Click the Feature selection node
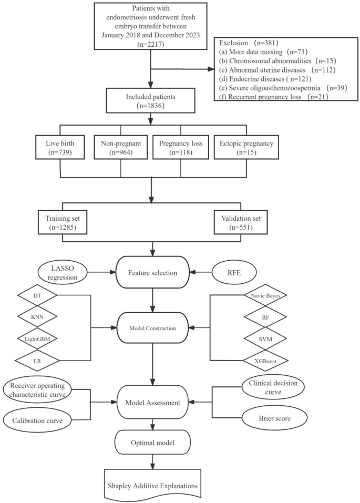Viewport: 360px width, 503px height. tap(152, 272)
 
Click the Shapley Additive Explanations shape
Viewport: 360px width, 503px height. tap(152, 485)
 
